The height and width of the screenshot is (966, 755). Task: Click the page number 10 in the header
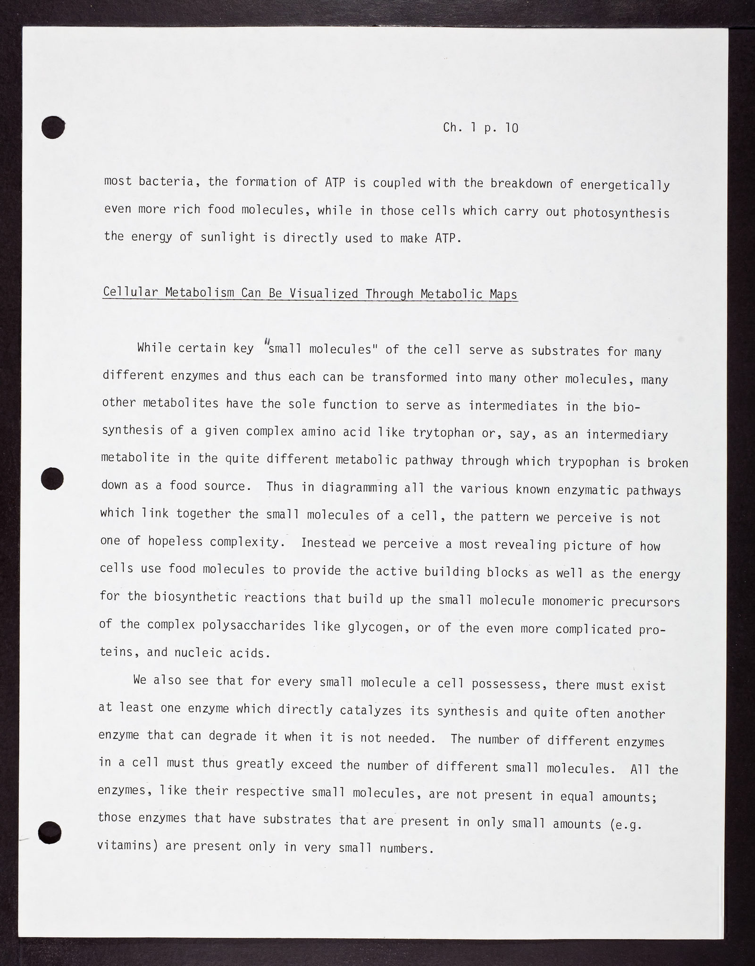(511, 127)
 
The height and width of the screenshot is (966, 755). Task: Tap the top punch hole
(53, 127)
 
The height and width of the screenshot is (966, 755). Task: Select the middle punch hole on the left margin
(51, 479)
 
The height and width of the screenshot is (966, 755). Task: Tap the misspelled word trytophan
(443, 432)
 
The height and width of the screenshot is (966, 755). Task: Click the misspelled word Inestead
(328, 543)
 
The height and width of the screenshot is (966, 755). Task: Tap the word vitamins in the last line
(127, 846)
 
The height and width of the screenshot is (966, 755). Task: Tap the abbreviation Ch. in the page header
(453, 127)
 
